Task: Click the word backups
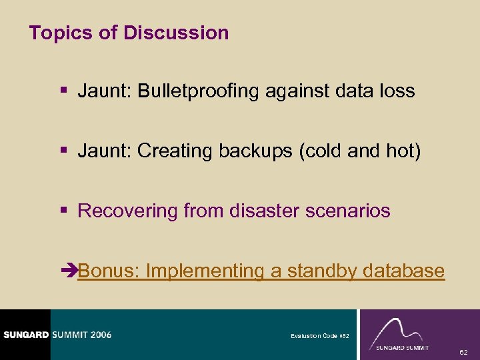[257, 151]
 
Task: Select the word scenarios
[345, 211]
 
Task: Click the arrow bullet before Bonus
[68, 271]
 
